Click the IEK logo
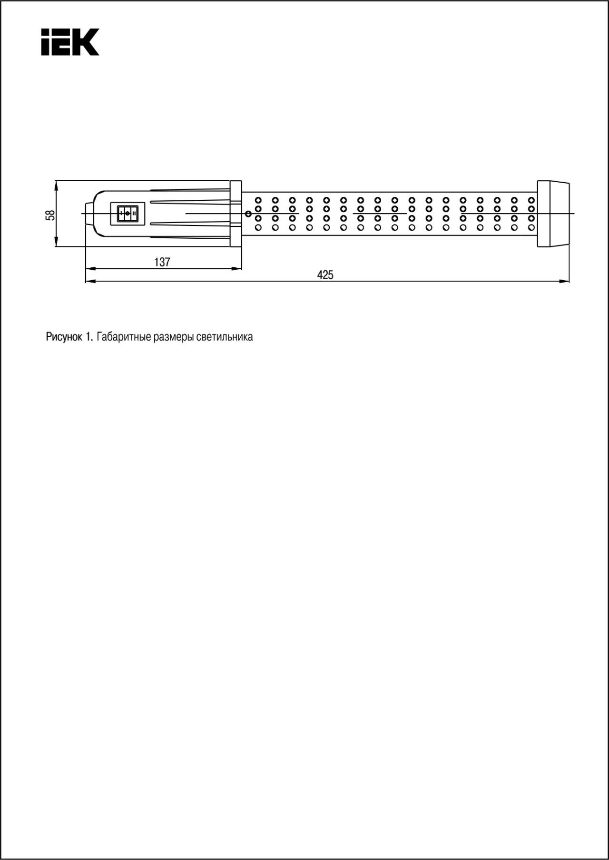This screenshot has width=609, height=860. tap(70, 42)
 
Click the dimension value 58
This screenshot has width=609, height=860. tap(50, 215)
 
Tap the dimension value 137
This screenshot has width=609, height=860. tap(162, 262)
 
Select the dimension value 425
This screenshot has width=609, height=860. tap(325, 275)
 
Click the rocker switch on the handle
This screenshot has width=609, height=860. tap(127, 214)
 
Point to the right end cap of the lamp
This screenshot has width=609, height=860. tap(553, 214)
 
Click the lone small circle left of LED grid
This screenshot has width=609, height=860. tap(248, 214)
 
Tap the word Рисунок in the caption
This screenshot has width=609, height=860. tap(64, 337)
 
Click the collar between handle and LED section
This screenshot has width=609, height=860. tap(236, 214)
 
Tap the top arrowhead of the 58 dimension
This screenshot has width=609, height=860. tap(56, 185)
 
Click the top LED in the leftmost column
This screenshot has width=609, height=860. tap(258, 200)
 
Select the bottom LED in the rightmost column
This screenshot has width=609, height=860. tap(531, 227)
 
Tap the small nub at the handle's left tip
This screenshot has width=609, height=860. tap(89, 214)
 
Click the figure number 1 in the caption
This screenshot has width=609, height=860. tap(88, 337)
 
